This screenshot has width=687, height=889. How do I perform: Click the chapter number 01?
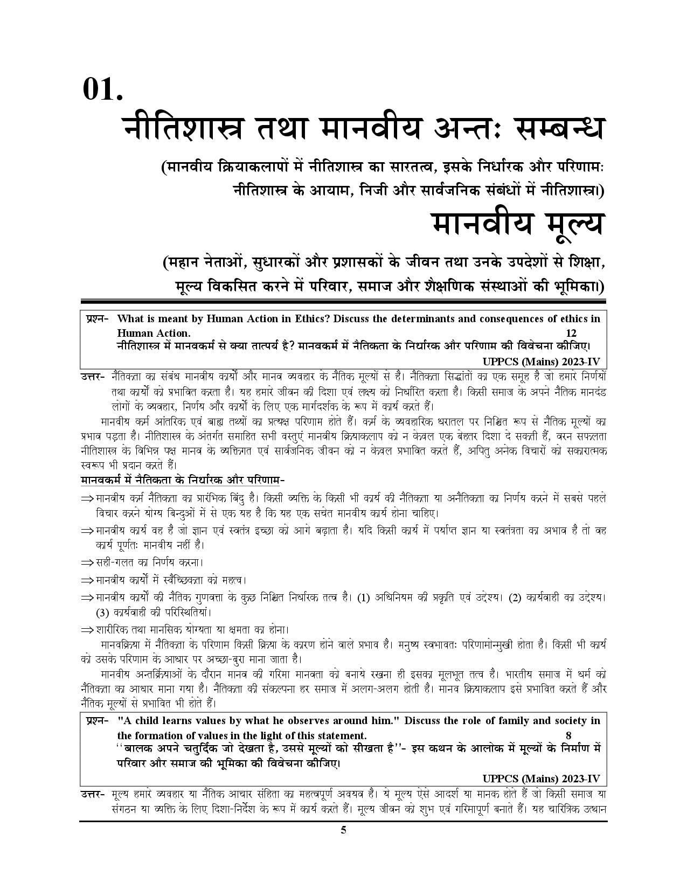click(x=102, y=89)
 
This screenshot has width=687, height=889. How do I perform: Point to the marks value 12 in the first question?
click(x=571, y=333)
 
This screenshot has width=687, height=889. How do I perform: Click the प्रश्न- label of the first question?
click(x=97, y=319)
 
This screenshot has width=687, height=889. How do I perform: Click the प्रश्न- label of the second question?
click(x=97, y=721)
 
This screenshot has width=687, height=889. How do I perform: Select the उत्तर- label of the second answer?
click(x=92, y=795)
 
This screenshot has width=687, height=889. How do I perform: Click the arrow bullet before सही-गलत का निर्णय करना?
click(x=87, y=563)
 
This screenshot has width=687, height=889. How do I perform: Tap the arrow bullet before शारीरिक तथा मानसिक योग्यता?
click(x=87, y=630)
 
